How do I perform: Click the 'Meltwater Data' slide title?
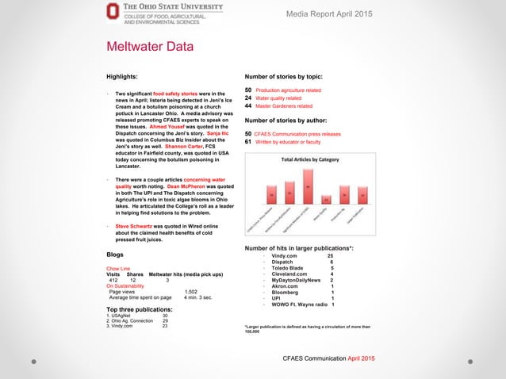150,47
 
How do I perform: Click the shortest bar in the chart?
326,198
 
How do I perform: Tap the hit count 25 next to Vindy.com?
331,256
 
